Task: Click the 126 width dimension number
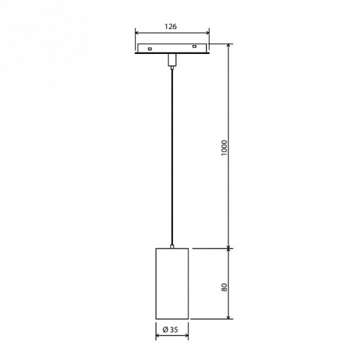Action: pos(172,26)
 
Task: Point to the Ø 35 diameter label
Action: pos(171,329)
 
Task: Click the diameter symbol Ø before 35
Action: pos(165,329)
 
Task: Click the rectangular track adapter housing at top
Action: pos(172,49)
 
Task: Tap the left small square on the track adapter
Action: pos(150,49)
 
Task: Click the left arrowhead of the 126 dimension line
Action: pos(136,33)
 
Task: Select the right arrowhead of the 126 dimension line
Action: pos(208,33)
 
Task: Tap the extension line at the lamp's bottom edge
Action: pos(208,318)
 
